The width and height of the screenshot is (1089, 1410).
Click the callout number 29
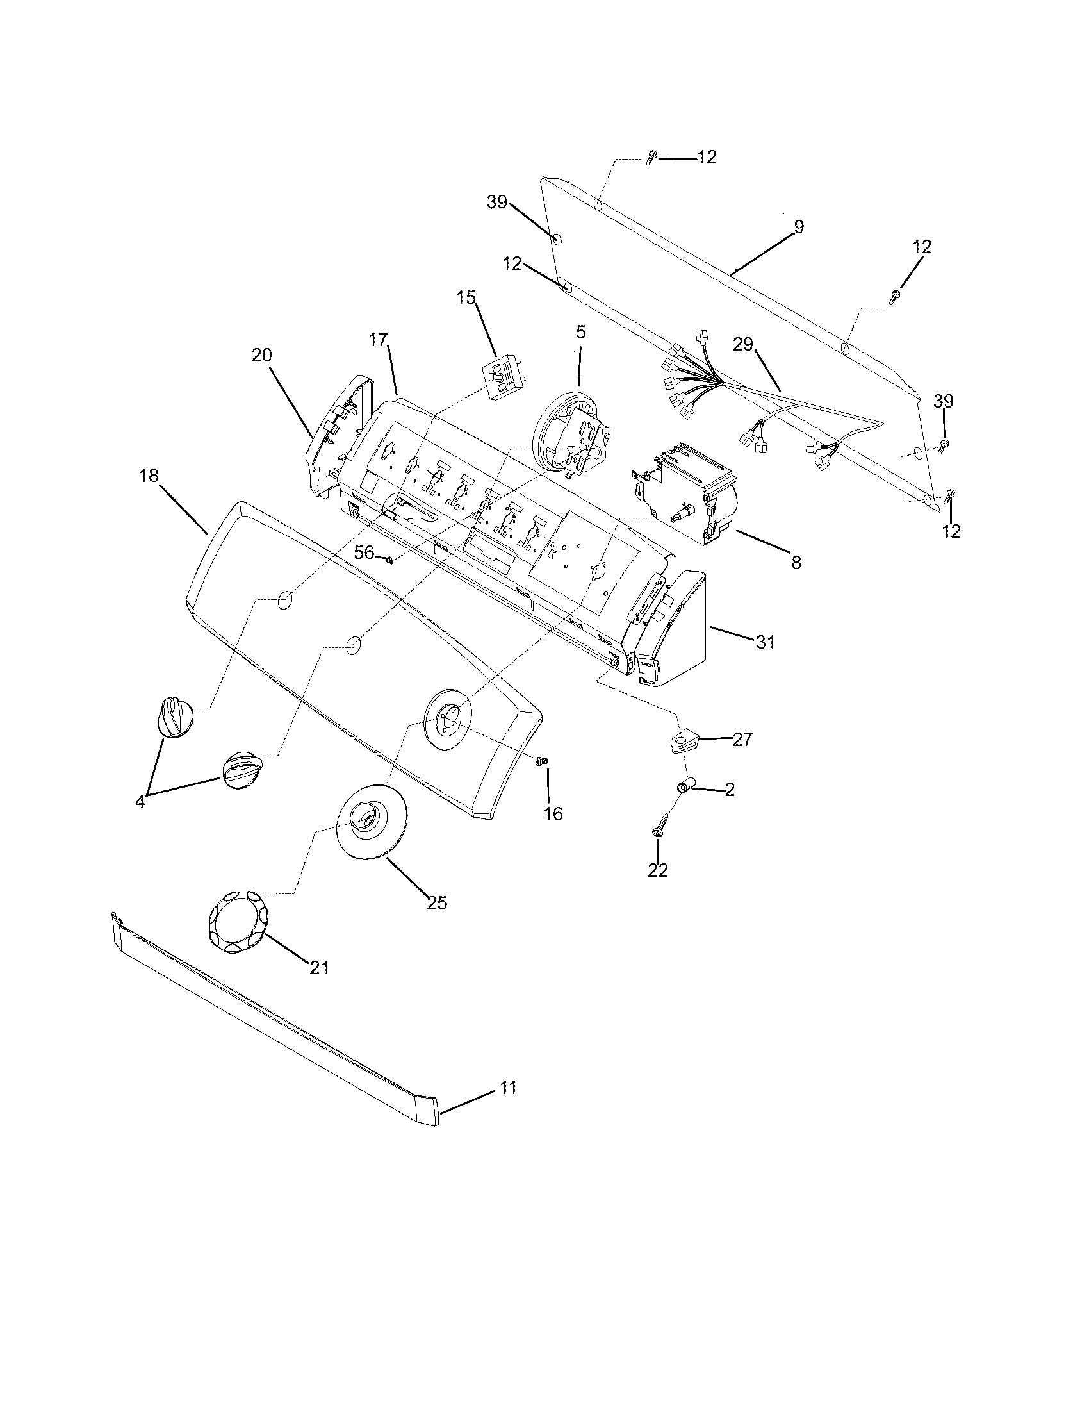[742, 344]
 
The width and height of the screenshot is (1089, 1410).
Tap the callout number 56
[364, 552]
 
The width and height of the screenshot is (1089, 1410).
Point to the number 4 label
[140, 802]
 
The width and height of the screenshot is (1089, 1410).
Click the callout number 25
[437, 903]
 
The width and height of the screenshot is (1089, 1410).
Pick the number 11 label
[509, 1088]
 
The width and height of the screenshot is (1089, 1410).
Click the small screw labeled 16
[542, 762]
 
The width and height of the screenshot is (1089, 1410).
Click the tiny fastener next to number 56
[389, 560]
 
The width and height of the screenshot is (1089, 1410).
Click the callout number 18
[149, 476]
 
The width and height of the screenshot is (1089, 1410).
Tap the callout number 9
[799, 226]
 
